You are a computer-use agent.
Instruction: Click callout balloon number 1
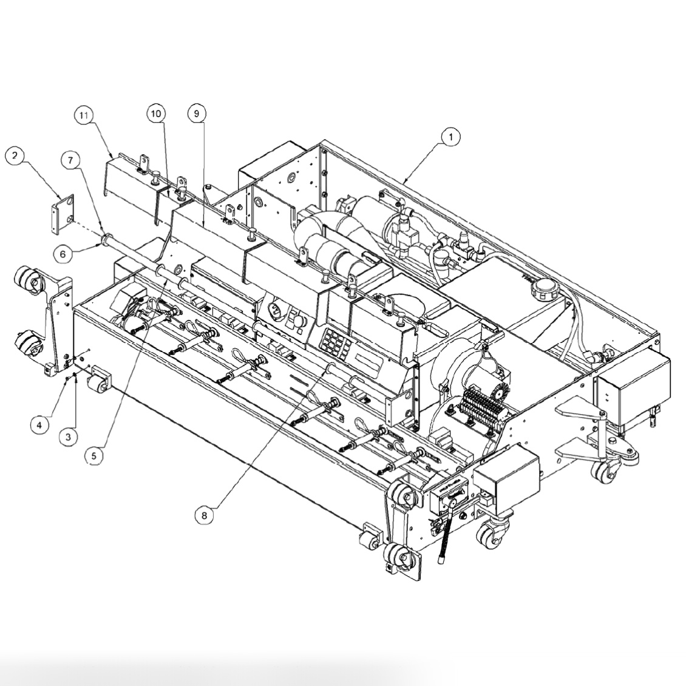point(450,137)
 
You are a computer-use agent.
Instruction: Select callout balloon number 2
point(15,156)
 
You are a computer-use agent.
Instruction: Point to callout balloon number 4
point(39,425)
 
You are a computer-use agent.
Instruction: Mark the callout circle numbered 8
point(204,515)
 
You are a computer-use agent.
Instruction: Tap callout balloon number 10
point(156,113)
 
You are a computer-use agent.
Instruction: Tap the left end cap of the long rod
point(107,239)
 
